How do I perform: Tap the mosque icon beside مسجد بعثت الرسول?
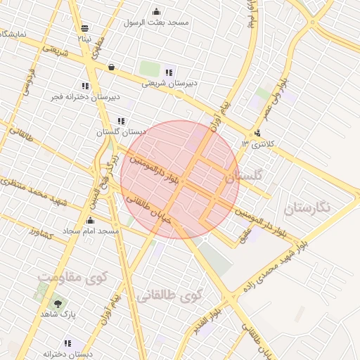point(156,11)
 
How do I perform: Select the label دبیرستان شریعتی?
point(169,83)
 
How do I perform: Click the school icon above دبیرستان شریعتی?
point(169,72)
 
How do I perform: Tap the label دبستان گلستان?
point(121,131)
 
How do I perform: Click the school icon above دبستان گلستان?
point(122,121)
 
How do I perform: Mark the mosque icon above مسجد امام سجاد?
point(89,220)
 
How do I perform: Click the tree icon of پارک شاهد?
point(56,304)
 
